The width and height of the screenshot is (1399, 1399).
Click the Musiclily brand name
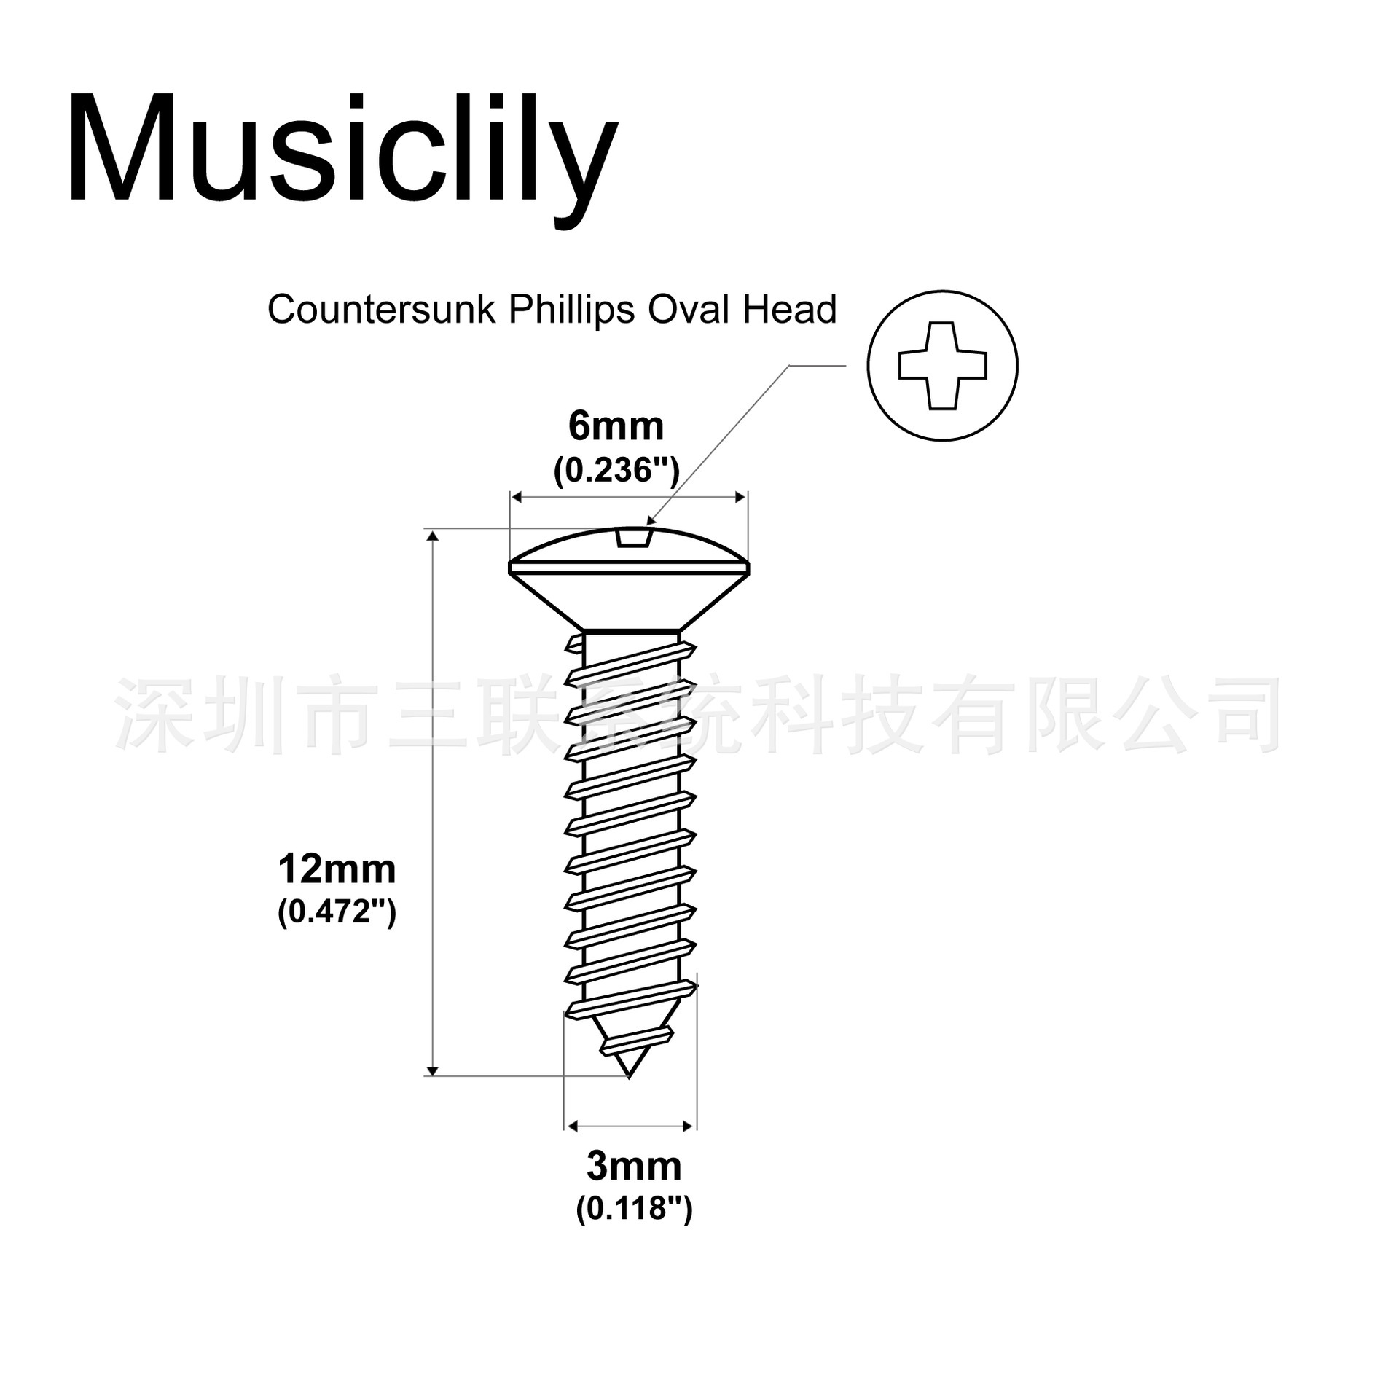pyautogui.click(x=342, y=149)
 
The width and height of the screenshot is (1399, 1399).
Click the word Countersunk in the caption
pyautogui.click(x=382, y=310)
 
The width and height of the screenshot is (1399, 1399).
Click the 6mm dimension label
pyautogui.click(x=616, y=426)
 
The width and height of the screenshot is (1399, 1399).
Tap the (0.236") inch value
pyautogui.click(x=616, y=471)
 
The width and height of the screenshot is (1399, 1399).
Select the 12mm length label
pyautogui.click(x=337, y=869)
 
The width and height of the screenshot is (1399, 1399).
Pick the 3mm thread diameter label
pyautogui.click(x=634, y=1166)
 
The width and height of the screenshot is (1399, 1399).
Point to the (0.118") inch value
pyautogui.click(x=634, y=1209)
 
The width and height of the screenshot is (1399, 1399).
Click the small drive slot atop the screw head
pyautogui.click(x=633, y=538)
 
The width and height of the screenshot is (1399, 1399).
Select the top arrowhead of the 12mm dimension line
pyautogui.click(x=432, y=536)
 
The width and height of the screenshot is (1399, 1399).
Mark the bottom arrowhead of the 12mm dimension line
pyautogui.click(x=432, y=1070)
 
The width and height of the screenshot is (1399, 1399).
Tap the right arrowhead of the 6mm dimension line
pyautogui.click(x=741, y=498)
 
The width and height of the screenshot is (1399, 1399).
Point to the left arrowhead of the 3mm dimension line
pyautogui.click(x=571, y=1126)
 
